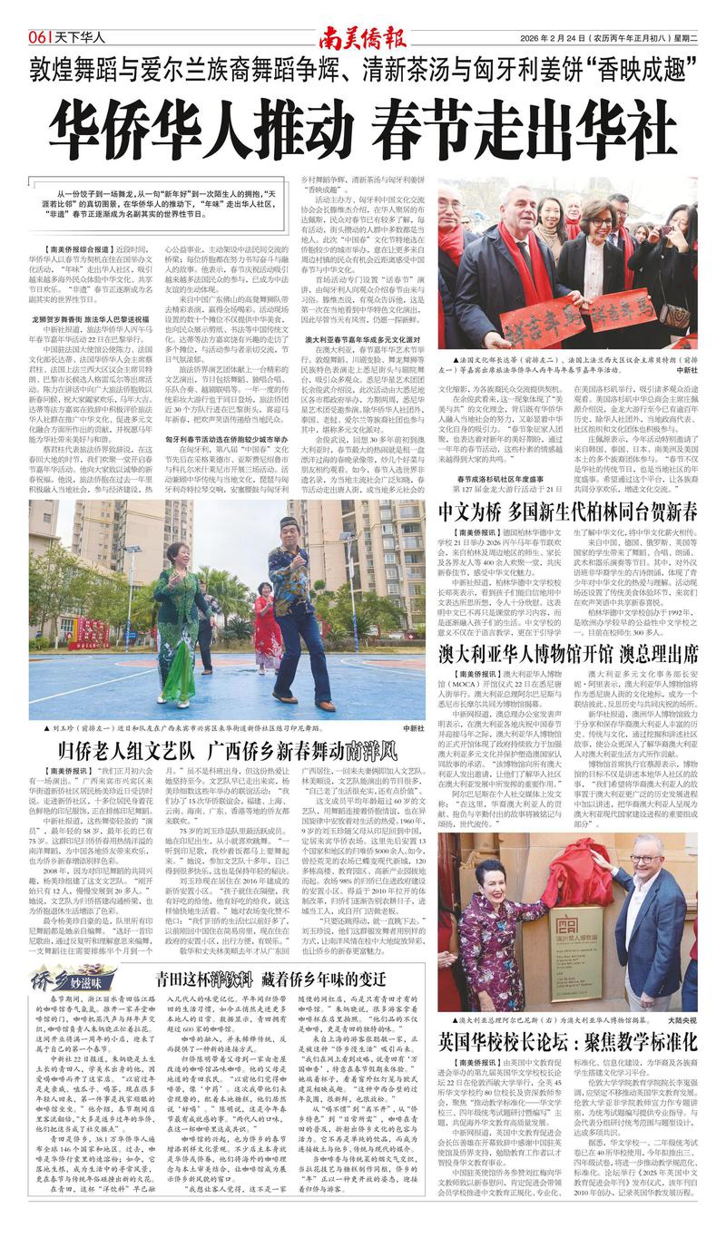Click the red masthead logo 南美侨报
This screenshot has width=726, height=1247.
[x=362, y=37]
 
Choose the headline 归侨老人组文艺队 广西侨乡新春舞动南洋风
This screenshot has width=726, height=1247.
[x=227, y=750]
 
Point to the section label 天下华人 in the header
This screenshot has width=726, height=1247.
[x=87, y=38]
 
